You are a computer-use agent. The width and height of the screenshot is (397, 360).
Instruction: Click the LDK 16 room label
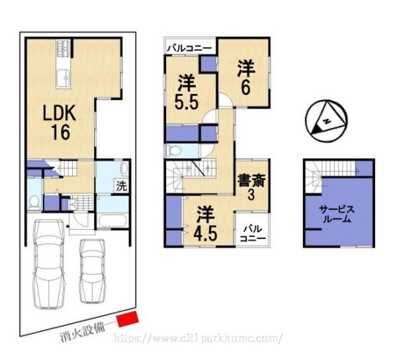click(x=60, y=122)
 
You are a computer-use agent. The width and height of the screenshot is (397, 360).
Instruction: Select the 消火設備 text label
click(x=83, y=332)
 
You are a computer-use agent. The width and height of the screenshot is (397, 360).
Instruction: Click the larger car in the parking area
click(x=49, y=263)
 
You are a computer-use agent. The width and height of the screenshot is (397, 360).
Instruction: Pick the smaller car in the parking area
click(x=92, y=271)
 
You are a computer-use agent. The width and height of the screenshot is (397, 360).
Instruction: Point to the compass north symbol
click(x=326, y=120)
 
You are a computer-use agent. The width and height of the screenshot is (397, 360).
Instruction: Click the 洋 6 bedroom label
click(x=246, y=78)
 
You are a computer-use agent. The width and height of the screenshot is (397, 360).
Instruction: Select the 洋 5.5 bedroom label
click(x=187, y=92)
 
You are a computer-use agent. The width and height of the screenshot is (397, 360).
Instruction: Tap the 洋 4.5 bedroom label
click(x=205, y=224)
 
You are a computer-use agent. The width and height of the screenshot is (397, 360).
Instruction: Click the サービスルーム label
click(x=337, y=214)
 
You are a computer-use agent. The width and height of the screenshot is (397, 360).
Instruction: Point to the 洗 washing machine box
click(x=121, y=187)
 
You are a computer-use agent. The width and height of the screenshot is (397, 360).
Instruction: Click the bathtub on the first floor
click(x=112, y=221)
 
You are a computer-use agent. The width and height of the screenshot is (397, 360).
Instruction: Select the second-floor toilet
click(x=173, y=151)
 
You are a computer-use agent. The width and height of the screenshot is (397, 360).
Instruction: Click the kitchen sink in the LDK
click(x=63, y=78)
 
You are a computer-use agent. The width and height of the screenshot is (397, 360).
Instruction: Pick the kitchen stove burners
click(x=63, y=48)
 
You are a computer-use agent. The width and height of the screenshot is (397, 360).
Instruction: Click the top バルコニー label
click(x=190, y=48)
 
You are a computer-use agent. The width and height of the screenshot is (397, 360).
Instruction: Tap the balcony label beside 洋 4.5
click(x=253, y=234)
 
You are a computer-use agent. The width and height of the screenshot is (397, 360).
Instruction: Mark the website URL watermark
click(x=198, y=338)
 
